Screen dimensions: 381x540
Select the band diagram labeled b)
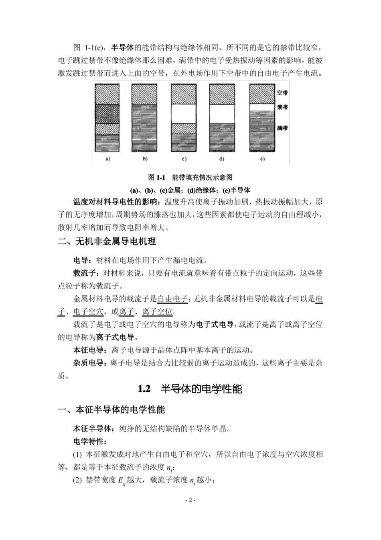pos(145,118)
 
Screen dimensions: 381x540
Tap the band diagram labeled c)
pos(184,118)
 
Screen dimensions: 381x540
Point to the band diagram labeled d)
pos(222,118)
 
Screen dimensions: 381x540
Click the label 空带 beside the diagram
pos(282,92)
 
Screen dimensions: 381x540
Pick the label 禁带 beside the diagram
pos(282,107)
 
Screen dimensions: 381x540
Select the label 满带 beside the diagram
pos(282,128)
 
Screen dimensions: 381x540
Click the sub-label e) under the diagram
pos(262,159)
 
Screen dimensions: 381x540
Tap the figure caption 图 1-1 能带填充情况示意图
pos(190,178)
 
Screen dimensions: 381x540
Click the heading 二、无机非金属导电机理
pos(107,241)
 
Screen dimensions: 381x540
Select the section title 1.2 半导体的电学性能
pos(190,389)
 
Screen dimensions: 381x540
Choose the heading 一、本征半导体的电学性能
pos(111,410)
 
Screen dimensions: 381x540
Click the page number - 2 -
pos(190,500)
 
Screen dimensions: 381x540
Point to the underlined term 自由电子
pos(172,299)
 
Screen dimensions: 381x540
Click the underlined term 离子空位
pos(157,312)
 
